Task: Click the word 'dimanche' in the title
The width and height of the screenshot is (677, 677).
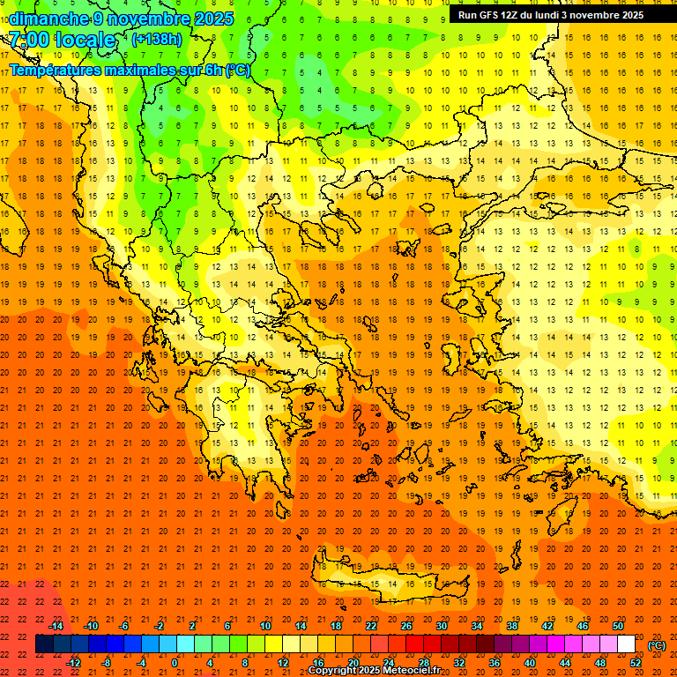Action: point(48,19)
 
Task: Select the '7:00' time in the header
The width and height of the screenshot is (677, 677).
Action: point(28,41)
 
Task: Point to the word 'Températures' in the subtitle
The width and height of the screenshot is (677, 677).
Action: point(58,70)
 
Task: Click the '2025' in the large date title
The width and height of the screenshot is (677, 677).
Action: point(212,19)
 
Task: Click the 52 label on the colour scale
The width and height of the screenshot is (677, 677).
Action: point(636,662)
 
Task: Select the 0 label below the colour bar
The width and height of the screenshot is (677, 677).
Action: point(175,662)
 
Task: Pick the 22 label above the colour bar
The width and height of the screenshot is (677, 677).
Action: point(371,626)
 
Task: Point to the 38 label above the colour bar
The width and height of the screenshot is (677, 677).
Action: point(512,626)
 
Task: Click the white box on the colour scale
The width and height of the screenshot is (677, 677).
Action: point(627,644)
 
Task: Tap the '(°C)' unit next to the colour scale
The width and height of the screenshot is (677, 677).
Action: point(657,645)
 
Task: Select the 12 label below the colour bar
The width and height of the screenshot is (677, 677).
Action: point(283,662)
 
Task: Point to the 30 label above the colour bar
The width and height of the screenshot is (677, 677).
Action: point(442,626)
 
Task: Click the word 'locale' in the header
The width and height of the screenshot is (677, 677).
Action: point(84,41)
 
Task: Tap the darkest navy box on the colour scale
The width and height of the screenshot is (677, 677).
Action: point(44,644)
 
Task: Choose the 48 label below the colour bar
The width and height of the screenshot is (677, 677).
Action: point(600,662)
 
